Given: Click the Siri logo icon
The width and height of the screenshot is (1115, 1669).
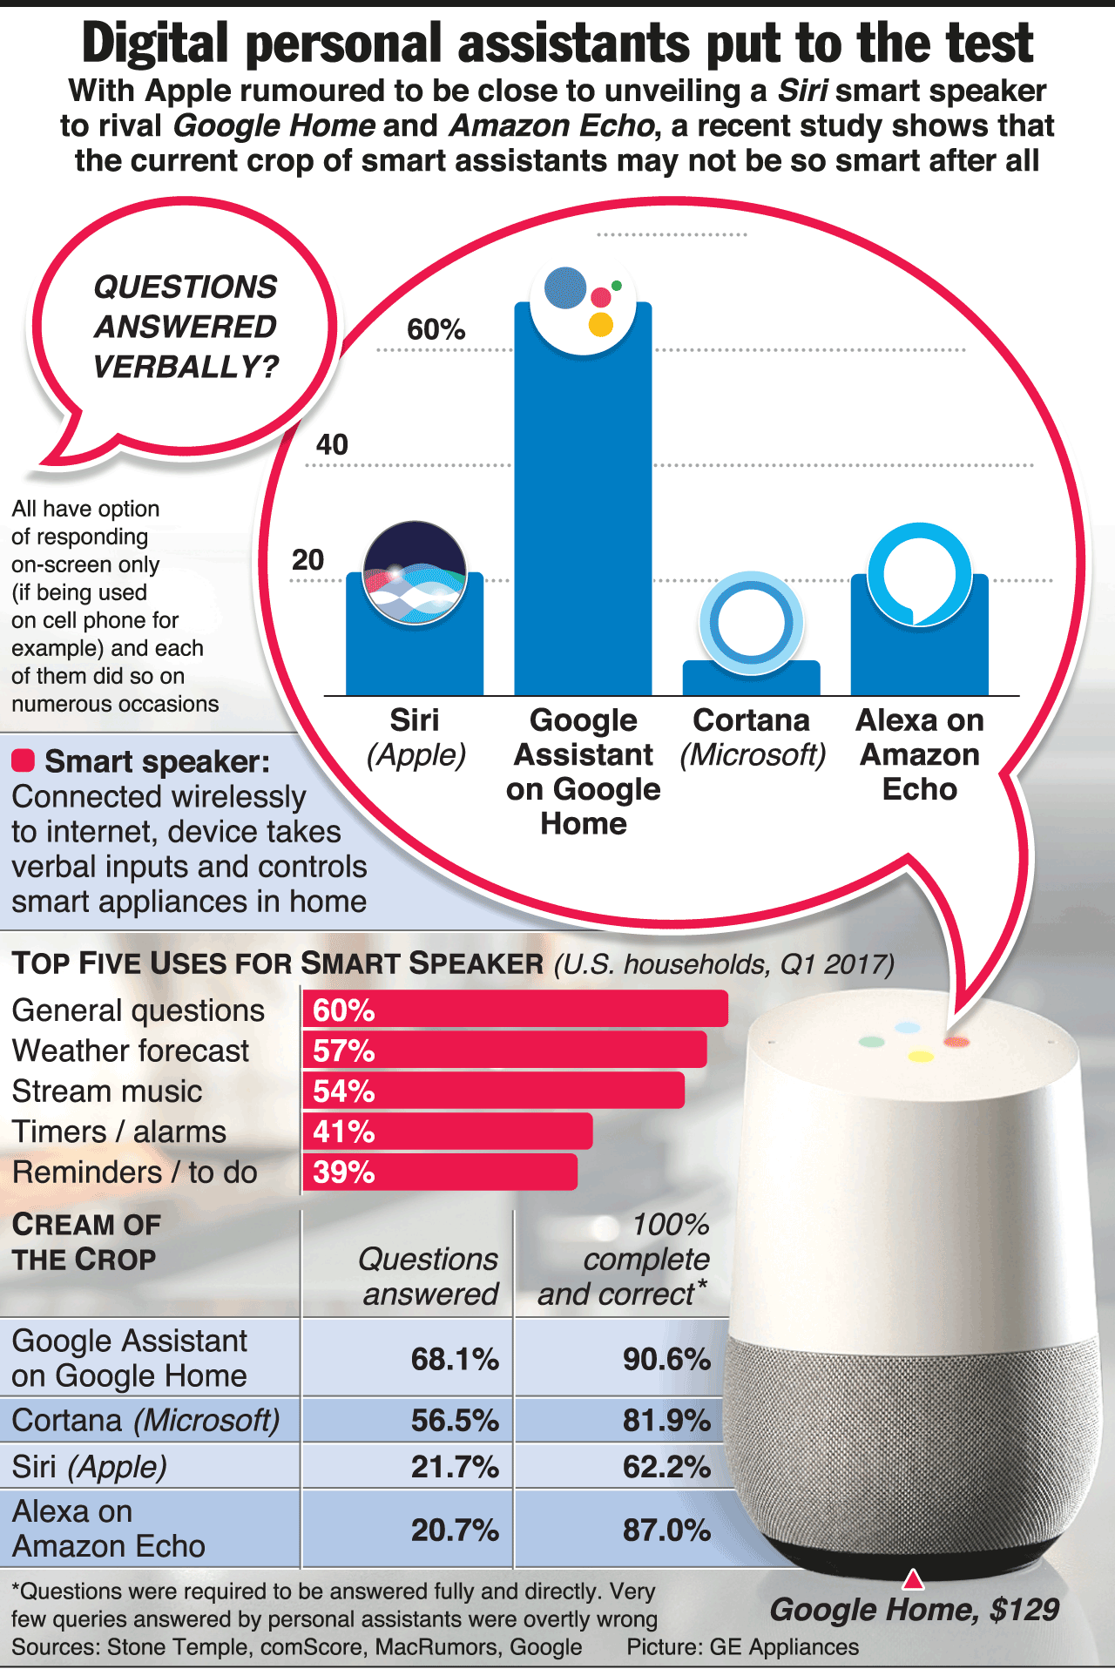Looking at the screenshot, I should coord(415,572).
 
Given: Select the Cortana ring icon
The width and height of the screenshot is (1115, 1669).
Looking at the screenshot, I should coord(751,623).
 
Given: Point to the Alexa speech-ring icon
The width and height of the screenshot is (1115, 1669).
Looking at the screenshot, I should coord(920,574).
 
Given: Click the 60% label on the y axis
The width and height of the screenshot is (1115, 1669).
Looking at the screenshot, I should coord(436,329).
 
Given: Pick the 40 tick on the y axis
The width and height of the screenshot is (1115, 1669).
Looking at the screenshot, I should coord(332,444).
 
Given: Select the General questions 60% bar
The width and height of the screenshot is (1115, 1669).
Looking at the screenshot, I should coord(515,1009).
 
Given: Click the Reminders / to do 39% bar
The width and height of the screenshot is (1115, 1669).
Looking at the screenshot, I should coord(440,1172).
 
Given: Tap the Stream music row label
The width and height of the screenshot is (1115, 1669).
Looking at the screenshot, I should coord(107,1091).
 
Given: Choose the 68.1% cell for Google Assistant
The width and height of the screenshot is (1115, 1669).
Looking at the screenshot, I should coord(455,1359).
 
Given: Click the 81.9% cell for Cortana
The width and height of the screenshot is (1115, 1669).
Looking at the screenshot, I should coord(666,1421).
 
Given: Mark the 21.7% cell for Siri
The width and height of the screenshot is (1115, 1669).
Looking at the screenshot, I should coord(455,1467).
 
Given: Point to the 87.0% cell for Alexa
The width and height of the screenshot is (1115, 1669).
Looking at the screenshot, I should coord(666,1530).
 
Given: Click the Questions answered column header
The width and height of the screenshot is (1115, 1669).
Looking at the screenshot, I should coord(429,1276).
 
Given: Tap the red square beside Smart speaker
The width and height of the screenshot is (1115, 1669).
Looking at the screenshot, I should coord(23,760).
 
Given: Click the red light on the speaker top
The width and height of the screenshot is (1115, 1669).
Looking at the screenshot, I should coord(956,1041).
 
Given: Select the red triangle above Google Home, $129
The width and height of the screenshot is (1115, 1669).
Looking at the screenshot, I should coord(912,1579).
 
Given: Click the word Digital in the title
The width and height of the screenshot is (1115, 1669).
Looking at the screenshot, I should coord(155,44).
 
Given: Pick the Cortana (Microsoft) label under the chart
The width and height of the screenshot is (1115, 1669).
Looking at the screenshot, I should coord(752,737).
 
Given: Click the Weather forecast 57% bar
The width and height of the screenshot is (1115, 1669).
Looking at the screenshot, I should coord(504,1050).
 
